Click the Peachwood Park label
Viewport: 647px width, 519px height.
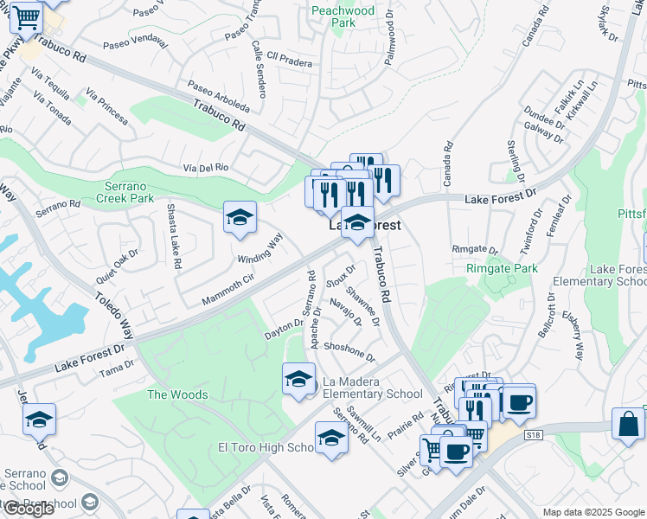(343, 16)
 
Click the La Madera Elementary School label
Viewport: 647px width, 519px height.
(373, 388)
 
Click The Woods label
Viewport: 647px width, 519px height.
(177, 394)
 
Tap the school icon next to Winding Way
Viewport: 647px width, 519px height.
(240, 218)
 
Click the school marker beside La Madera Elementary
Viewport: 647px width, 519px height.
(298, 378)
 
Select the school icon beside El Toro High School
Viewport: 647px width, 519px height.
(331, 439)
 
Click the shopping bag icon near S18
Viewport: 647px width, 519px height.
(628, 424)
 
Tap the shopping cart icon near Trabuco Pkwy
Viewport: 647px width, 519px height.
(27, 16)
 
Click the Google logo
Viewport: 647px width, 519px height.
(29, 509)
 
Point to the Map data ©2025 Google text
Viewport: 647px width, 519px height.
(593, 512)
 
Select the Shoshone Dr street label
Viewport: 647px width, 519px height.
(349, 351)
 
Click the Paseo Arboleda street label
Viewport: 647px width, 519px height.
(218, 98)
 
